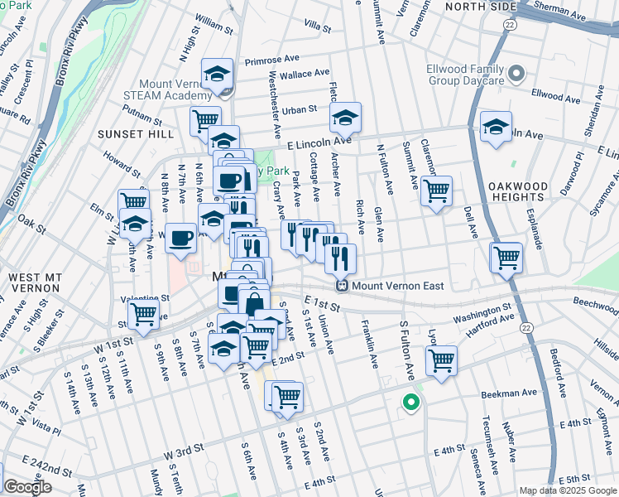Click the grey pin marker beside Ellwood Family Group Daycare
[x=517, y=75]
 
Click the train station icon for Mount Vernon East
[x=341, y=286]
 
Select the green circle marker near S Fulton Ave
[x=410, y=404]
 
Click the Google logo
[x=28, y=487]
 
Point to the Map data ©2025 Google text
[x=568, y=490]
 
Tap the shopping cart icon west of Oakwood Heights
[x=435, y=191]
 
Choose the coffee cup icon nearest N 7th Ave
[x=180, y=239]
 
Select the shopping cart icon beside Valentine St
[x=144, y=314]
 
